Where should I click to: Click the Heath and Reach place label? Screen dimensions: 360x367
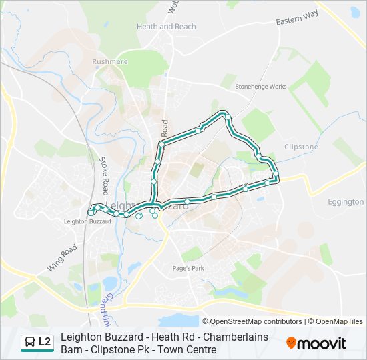(166, 27)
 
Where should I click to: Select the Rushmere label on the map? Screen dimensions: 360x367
(110, 61)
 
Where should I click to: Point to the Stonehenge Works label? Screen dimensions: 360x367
(261, 87)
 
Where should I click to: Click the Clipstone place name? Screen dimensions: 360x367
(301, 147)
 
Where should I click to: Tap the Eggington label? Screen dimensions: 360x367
(346, 201)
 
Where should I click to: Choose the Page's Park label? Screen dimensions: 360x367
(188, 268)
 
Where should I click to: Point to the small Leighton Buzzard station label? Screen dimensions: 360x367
(87, 221)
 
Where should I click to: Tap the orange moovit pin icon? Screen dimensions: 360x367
(292, 343)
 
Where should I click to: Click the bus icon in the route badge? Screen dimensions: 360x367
(30, 343)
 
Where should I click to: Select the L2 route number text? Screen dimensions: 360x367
(45, 343)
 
